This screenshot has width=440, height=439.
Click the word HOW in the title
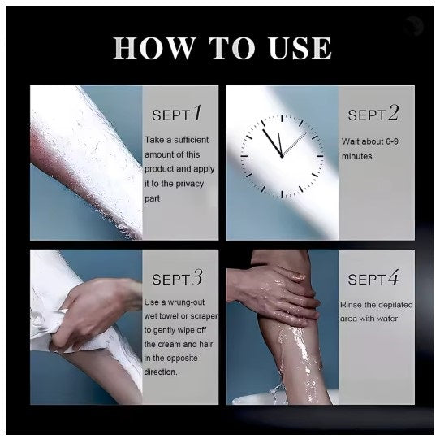coord(154,47)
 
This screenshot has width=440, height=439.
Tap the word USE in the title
coord(300,47)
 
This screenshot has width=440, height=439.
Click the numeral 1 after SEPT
coord(197,113)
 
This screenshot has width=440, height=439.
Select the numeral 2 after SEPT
coord(393,113)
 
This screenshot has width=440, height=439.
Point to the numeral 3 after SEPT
coord(197,277)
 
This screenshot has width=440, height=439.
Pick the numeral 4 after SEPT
coord(393,277)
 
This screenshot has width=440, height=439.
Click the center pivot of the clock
coord(282,156)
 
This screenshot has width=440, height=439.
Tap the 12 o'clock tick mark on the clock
coord(282,118)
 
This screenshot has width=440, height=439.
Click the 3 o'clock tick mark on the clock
coord(320,156)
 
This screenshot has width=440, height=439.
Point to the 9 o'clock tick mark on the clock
coord(244,156)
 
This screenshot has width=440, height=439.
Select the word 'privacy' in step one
coord(191,184)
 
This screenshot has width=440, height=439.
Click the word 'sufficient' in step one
coord(191,140)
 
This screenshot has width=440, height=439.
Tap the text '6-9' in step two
coord(392,141)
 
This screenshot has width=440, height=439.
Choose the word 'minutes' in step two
coord(356,156)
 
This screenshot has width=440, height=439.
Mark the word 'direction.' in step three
coord(161,372)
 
